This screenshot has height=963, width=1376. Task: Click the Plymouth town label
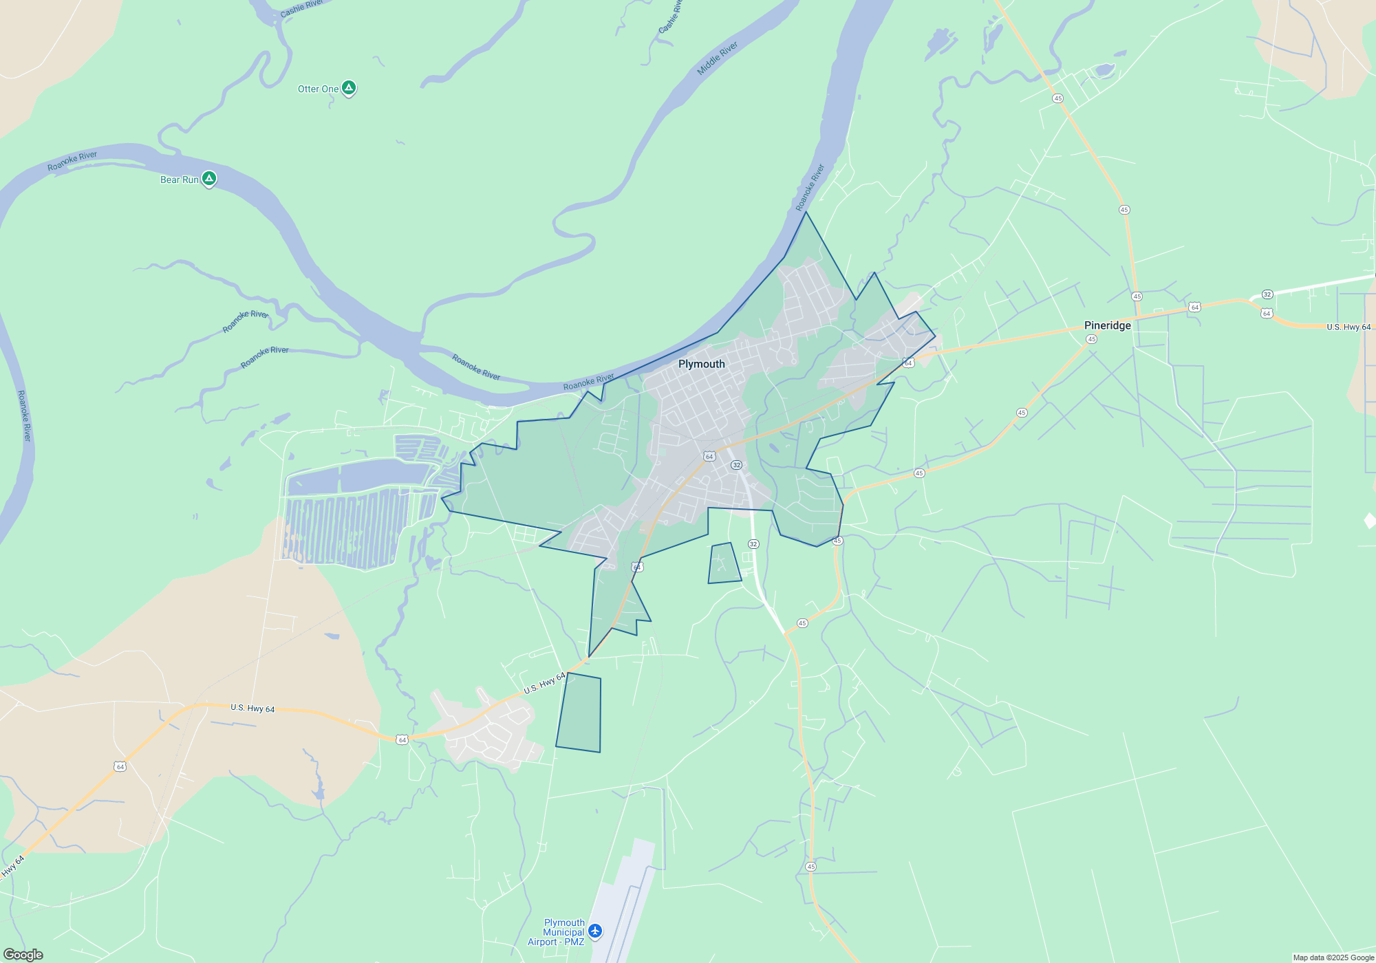click(x=701, y=364)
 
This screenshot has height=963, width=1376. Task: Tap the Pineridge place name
click(x=1107, y=325)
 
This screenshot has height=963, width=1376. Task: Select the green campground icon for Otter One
click(x=349, y=88)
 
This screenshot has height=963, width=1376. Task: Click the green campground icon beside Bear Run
click(x=209, y=179)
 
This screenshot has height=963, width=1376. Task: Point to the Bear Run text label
click(x=179, y=180)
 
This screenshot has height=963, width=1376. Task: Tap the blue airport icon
click(x=595, y=931)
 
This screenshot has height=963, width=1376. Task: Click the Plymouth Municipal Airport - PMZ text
click(x=556, y=932)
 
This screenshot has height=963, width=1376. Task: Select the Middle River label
click(x=717, y=58)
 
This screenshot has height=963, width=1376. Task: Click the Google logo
click(x=23, y=954)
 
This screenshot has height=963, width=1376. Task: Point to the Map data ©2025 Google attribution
click(x=1333, y=957)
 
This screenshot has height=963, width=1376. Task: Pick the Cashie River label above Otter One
click(x=301, y=9)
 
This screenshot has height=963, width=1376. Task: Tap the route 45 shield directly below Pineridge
click(x=1091, y=339)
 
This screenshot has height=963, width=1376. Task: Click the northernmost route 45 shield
click(x=1057, y=98)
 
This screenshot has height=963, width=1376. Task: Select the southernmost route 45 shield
click(x=810, y=867)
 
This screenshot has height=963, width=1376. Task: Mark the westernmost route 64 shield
click(x=120, y=766)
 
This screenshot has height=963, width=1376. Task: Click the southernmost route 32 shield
click(x=753, y=544)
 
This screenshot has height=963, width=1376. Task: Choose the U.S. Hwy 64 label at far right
click(x=1348, y=327)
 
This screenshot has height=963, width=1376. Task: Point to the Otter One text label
click(x=318, y=89)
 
